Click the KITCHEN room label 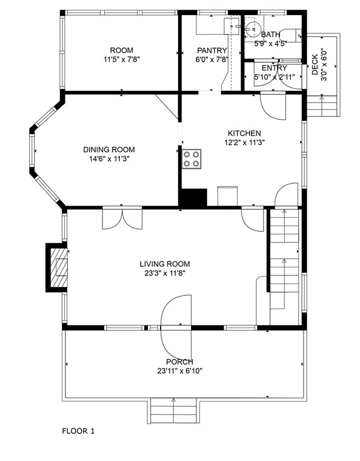(x=244, y=133)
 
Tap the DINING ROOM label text (x=109, y=150)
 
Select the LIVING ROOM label (x=165, y=264)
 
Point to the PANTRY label (x=212, y=50)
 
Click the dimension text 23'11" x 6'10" (x=180, y=371)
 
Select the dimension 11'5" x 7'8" (x=122, y=59)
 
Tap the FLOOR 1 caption (x=78, y=431)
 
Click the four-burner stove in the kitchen (x=192, y=159)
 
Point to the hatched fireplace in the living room (x=59, y=268)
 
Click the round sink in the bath (x=253, y=29)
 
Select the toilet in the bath (x=290, y=36)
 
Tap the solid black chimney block (x=193, y=198)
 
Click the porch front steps (x=173, y=411)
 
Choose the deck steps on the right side (x=322, y=106)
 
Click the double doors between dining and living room (x=122, y=218)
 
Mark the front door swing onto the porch (x=176, y=326)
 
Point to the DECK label (x=315, y=64)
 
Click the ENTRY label (x=275, y=68)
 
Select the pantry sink (x=232, y=27)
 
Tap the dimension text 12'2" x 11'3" (x=244, y=143)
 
